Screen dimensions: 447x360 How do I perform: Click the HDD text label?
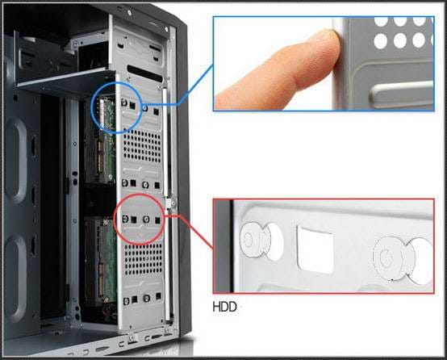point(224,307)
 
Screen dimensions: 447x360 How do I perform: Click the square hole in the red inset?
point(315,250)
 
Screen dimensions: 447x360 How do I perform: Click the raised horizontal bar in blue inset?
point(401,94)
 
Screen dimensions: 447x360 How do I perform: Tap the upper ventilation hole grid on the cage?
point(142,146)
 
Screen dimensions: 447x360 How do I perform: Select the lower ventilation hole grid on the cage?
point(143,259)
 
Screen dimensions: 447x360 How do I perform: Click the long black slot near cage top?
point(144,73)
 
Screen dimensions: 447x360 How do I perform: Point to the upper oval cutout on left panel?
point(16,161)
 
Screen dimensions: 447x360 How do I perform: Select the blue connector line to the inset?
point(178,85)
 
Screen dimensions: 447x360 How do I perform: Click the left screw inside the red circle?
point(125,219)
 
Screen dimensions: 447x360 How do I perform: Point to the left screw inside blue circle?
point(124,103)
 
